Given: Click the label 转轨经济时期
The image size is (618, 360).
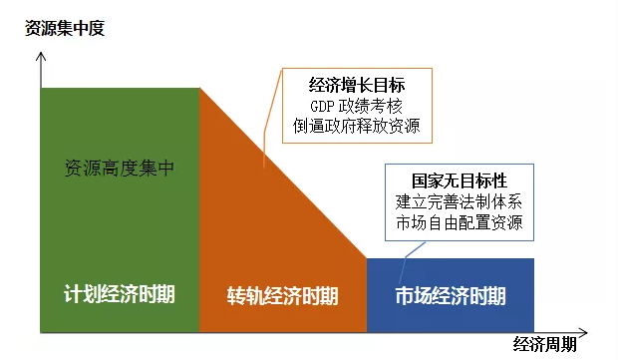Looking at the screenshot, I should pos(282,296).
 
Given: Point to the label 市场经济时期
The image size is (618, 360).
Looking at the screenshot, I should pos(450,296).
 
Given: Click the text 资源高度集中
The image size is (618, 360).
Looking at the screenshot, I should pos(119,168).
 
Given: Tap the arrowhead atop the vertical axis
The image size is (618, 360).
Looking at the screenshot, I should pos(40,60).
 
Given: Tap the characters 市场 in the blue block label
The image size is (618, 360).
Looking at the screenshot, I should pos(413,296).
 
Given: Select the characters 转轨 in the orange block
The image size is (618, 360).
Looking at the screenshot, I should pos(245,296).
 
